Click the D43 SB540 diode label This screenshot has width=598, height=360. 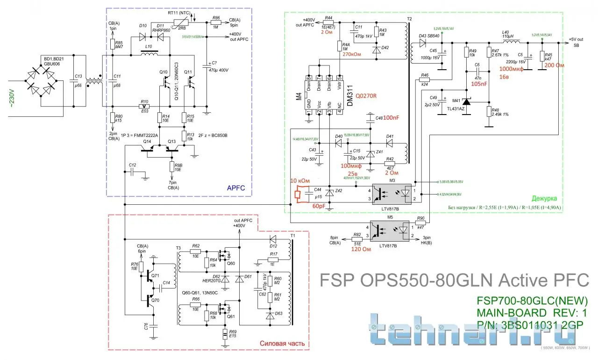pyautogui.click(x=429, y=36)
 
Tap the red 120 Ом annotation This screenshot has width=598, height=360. pyautogui.click(x=361, y=249)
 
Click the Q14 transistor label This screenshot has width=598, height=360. pyautogui.click(x=147, y=141)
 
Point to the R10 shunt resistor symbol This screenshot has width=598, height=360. pyautogui.click(x=145, y=106)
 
